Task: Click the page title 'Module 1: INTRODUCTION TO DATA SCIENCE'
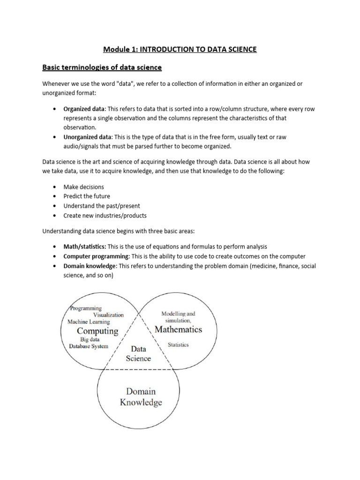[x=180, y=49]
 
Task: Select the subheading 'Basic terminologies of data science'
[x=102, y=67]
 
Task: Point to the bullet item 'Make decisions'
[x=83, y=187]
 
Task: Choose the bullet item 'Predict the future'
[x=87, y=196]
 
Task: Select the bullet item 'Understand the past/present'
[x=102, y=206]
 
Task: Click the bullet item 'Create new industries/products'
[x=105, y=216]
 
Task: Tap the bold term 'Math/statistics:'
[x=85, y=247]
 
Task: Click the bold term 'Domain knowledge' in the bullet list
[x=90, y=266]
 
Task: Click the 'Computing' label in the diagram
[x=97, y=331]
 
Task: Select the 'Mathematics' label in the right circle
[x=178, y=329]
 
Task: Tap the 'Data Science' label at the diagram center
[x=138, y=354]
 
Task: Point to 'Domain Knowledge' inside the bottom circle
[x=141, y=397]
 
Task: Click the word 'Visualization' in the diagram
[x=108, y=315]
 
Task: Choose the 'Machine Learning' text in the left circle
[x=89, y=322]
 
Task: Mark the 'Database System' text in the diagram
[x=89, y=346]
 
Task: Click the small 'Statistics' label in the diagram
[x=178, y=345]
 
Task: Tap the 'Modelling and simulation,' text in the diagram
[x=178, y=317]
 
